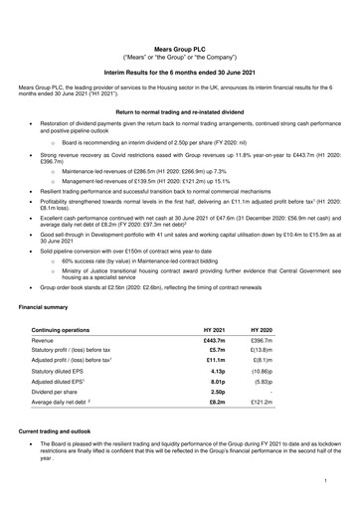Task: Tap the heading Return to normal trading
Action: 179,113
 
